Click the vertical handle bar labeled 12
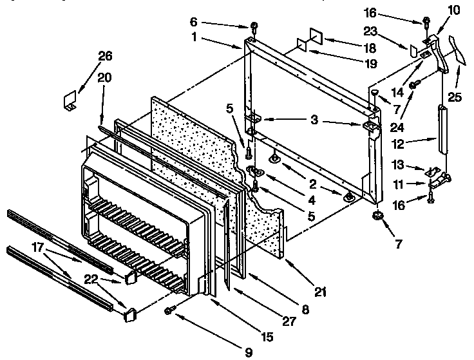pos(442,129)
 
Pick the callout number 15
pos(265,336)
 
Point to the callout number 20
pos(104,78)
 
